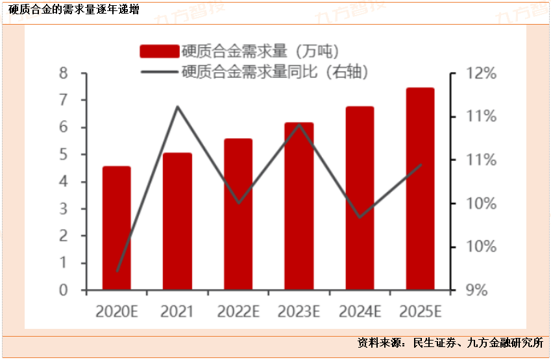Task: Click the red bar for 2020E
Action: point(117,228)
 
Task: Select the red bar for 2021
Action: point(177,222)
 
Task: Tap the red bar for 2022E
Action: point(238,215)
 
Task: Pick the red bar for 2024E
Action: point(360,198)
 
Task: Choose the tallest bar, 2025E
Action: point(420,189)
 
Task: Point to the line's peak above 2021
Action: point(178,106)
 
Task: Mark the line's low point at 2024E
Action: point(360,217)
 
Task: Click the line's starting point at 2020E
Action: point(117,271)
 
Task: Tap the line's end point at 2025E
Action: point(421,165)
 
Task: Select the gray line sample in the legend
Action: point(159,71)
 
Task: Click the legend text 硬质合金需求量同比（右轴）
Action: point(276,71)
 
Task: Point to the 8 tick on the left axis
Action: point(64,73)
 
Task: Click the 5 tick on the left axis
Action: point(64,154)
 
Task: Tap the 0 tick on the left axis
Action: point(64,290)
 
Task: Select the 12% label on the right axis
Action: point(482,73)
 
